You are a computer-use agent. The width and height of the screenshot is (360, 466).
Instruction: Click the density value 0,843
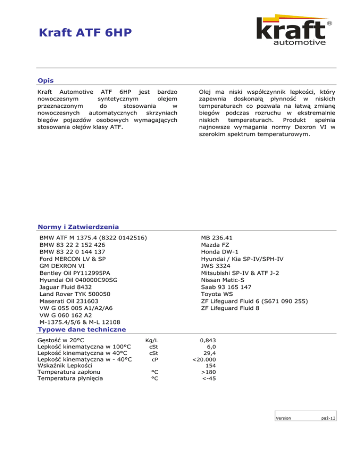tap(208, 340)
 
